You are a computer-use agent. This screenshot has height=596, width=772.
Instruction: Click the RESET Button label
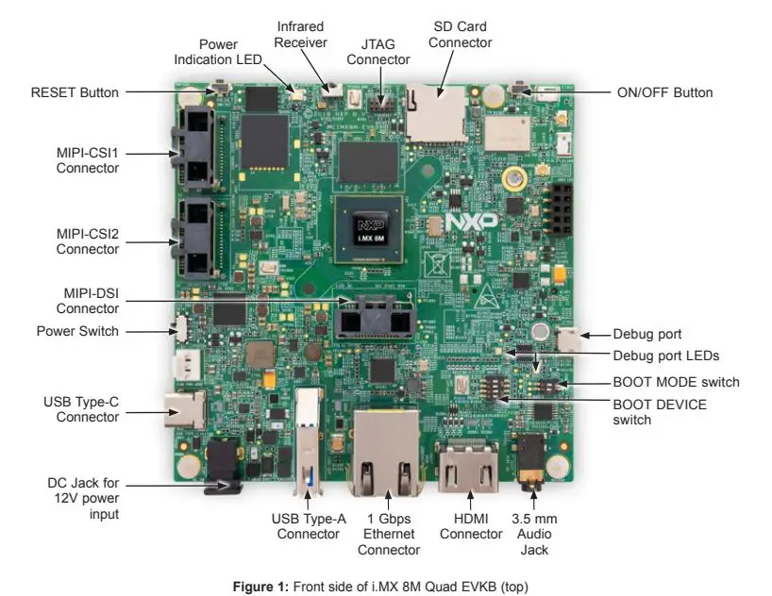(x=76, y=92)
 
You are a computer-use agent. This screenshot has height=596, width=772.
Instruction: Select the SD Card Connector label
(x=461, y=35)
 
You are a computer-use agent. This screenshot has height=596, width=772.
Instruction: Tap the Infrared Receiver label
(x=302, y=35)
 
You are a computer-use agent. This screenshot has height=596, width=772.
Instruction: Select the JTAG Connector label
(x=378, y=52)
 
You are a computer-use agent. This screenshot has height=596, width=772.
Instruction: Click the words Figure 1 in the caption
(x=260, y=587)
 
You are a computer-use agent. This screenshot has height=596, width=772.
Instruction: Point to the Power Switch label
(x=78, y=331)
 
